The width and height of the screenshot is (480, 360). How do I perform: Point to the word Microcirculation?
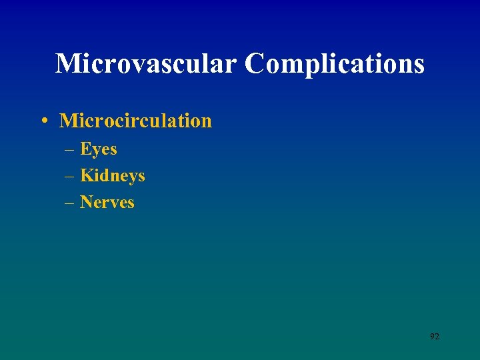pos(135,121)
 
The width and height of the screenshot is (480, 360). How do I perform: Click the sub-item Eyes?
pos(98,150)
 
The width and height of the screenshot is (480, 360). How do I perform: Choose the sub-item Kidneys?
pos(112,177)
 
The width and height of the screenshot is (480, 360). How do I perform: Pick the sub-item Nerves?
pos(107,203)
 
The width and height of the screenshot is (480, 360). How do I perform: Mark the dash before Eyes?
pos(70,150)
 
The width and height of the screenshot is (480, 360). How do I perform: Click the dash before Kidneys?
pos(70,177)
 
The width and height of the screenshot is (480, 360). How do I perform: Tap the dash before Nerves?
pos(70,203)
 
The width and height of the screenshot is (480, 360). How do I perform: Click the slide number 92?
pos(435,337)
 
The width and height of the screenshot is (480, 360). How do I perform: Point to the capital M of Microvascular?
pos(68,63)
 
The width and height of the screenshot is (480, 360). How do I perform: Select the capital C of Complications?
pos(255,63)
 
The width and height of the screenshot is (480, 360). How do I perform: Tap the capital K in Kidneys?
pos(86,176)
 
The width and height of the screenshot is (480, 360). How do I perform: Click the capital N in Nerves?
pos(86,202)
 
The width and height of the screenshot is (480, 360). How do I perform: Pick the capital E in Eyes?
pos(85,149)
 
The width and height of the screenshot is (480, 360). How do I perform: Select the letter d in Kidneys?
pos(104,176)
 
